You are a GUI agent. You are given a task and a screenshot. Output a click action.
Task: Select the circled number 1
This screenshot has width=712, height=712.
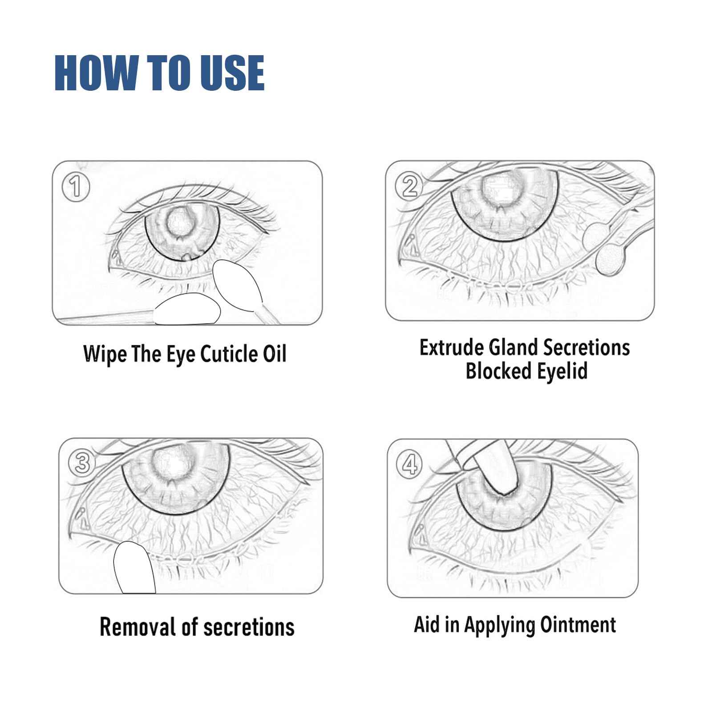pyautogui.click(x=76, y=187)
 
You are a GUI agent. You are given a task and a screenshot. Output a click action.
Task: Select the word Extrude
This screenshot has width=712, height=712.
pyautogui.click(x=452, y=348)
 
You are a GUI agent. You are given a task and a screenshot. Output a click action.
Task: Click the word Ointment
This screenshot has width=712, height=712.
pyautogui.click(x=578, y=624)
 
